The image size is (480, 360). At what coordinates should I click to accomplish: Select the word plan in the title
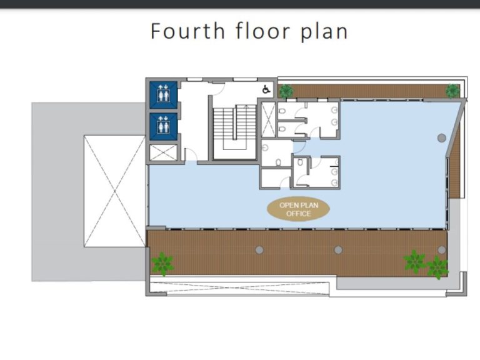(x=324, y=31)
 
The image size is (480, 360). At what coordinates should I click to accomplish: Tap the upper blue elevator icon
(x=164, y=94)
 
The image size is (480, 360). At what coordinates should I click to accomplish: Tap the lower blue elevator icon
(x=164, y=126)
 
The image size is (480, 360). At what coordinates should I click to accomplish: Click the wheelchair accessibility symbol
(x=266, y=89)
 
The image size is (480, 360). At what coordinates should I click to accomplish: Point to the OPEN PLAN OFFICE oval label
(x=298, y=209)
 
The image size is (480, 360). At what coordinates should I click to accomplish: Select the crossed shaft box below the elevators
(x=164, y=152)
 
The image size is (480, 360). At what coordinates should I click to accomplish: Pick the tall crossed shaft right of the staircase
(x=267, y=119)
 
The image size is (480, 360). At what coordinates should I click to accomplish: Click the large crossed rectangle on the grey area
(x=114, y=191)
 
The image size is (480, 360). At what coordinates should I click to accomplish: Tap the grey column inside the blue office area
(x=441, y=137)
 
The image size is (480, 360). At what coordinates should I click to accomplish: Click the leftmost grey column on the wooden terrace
(x=259, y=250)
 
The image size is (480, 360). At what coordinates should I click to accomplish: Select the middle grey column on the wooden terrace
(x=338, y=250)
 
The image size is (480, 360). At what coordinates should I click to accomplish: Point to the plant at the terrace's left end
(x=162, y=263)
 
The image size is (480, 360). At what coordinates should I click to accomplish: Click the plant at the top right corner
(x=452, y=91)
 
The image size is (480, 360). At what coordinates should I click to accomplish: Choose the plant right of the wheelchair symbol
(x=286, y=91)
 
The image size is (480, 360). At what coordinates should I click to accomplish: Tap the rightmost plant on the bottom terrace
(x=437, y=267)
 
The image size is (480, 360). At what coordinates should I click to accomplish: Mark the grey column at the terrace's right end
(x=442, y=250)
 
